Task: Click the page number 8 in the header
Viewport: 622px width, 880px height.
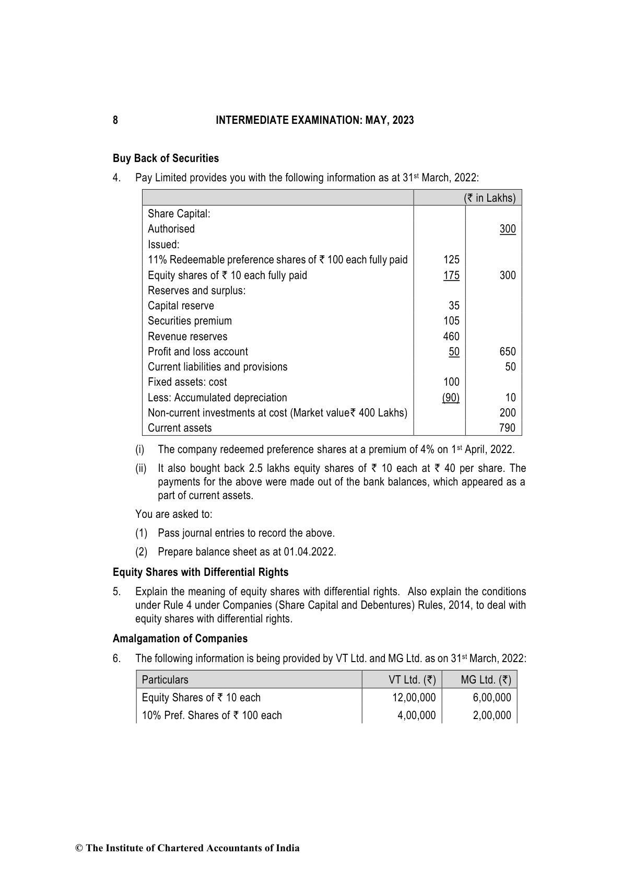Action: click(x=115, y=120)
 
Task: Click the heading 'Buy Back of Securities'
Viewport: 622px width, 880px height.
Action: click(x=166, y=158)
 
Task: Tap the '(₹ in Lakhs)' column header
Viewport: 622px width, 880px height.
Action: click(x=489, y=198)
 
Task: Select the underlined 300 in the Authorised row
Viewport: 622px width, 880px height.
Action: click(x=507, y=229)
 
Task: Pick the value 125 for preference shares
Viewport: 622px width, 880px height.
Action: click(x=451, y=260)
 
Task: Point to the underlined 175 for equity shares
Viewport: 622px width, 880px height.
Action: click(x=451, y=275)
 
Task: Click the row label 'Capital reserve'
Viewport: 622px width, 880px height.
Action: click(x=181, y=306)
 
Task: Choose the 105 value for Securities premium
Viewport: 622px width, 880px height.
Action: click(x=451, y=321)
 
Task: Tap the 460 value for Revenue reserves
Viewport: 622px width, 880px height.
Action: click(x=451, y=337)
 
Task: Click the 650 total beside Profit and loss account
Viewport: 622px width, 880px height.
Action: click(x=507, y=352)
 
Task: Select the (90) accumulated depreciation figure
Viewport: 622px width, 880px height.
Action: click(x=451, y=398)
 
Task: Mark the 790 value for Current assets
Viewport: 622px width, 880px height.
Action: click(x=507, y=428)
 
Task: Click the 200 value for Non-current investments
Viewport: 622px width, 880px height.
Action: click(x=507, y=413)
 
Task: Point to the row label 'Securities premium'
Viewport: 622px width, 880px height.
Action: click(x=190, y=321)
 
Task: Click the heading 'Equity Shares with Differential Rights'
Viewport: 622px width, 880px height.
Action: click(x=201, y=572)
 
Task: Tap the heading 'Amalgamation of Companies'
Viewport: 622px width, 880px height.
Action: click(x=180, y=639)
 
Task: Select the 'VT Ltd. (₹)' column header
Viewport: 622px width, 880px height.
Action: click(x=412, y=680)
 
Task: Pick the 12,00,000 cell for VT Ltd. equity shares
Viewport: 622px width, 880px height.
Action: click(x=414, y=698)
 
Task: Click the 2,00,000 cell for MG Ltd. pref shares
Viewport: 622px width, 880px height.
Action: click(x=491, y=715)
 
